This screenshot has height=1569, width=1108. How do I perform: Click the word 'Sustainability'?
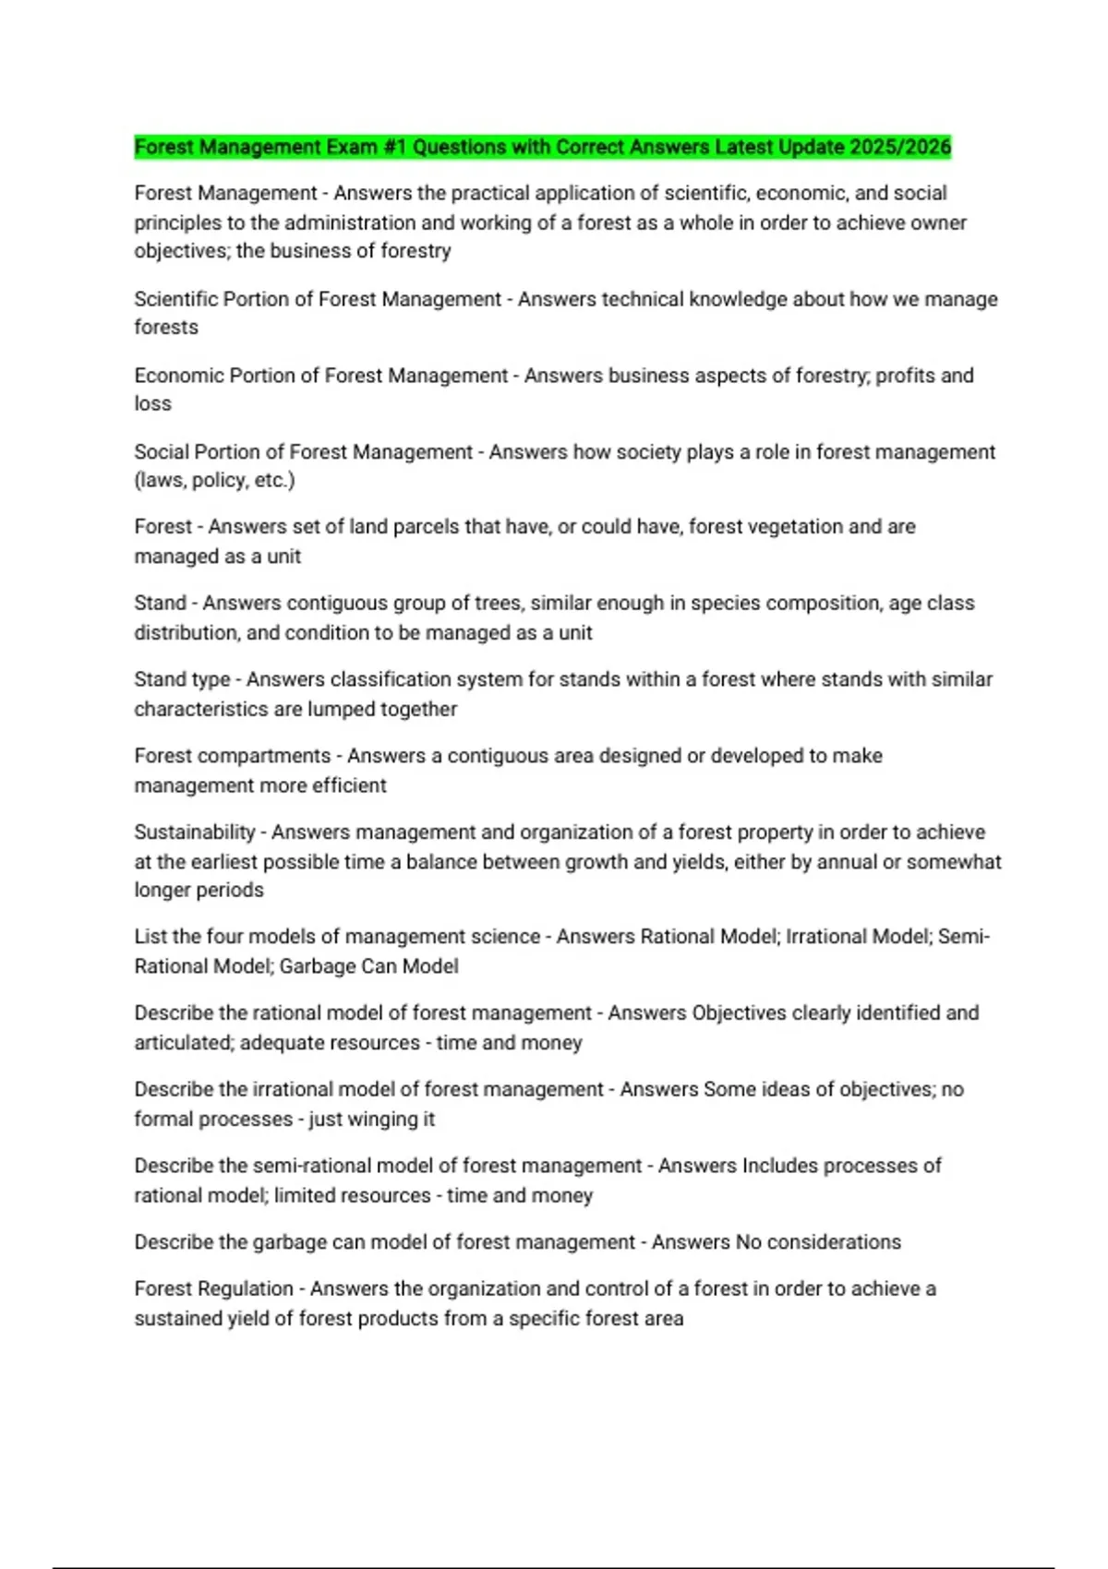click(195, 832)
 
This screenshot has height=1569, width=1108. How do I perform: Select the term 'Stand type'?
click(182, 679)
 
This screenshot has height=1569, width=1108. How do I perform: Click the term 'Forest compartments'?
click(232, 756)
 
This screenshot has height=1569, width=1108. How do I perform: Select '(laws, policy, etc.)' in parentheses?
click(214, 480)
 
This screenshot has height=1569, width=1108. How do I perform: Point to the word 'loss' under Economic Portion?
click(152, 403)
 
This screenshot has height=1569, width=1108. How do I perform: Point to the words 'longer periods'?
click(199, 890)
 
